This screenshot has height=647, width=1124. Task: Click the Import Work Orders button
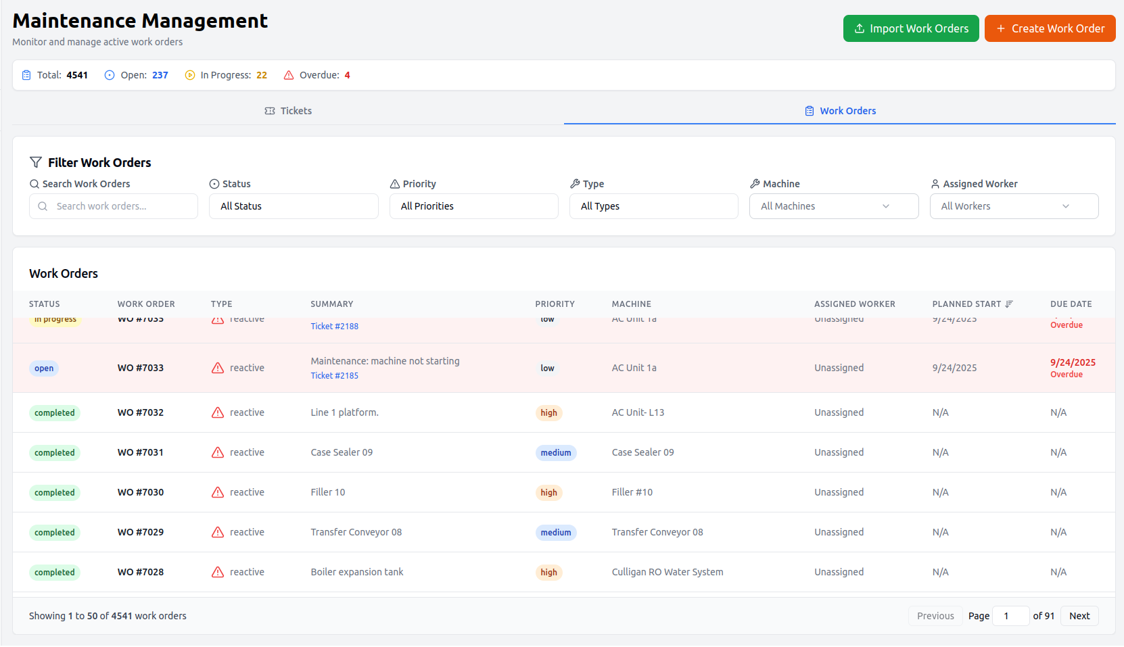click(x=910, y=28)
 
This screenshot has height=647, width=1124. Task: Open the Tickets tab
click(x=288, y=111)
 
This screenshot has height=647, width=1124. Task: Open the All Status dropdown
click(x=294, y=206)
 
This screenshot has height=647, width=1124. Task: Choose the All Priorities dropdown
click(x=473, y=206)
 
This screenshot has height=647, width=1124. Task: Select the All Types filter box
click(x=653, y=206)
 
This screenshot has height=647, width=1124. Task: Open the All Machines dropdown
click(x=833, y=206)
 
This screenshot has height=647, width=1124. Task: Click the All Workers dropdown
click(x=1014, y=206)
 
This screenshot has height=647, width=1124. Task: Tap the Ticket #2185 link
click(x=335, y=376)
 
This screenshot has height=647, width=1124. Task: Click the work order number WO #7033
click(x=141, y=368)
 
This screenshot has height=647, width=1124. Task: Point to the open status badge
click(x=44, y=368)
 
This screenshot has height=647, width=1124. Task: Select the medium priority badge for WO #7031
click(x=555, y=453)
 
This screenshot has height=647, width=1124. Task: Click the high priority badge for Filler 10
click(x=548, y=493)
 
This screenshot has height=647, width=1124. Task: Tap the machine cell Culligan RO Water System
click(x=667, y=572)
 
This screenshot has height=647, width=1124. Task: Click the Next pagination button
click(x=1079, y=616)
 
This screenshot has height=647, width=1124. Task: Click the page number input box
click(x=1010, y=616)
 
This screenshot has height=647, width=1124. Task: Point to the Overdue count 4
click(x=348, y=75)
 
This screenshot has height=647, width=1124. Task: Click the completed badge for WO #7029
click(x=55, y=533)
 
